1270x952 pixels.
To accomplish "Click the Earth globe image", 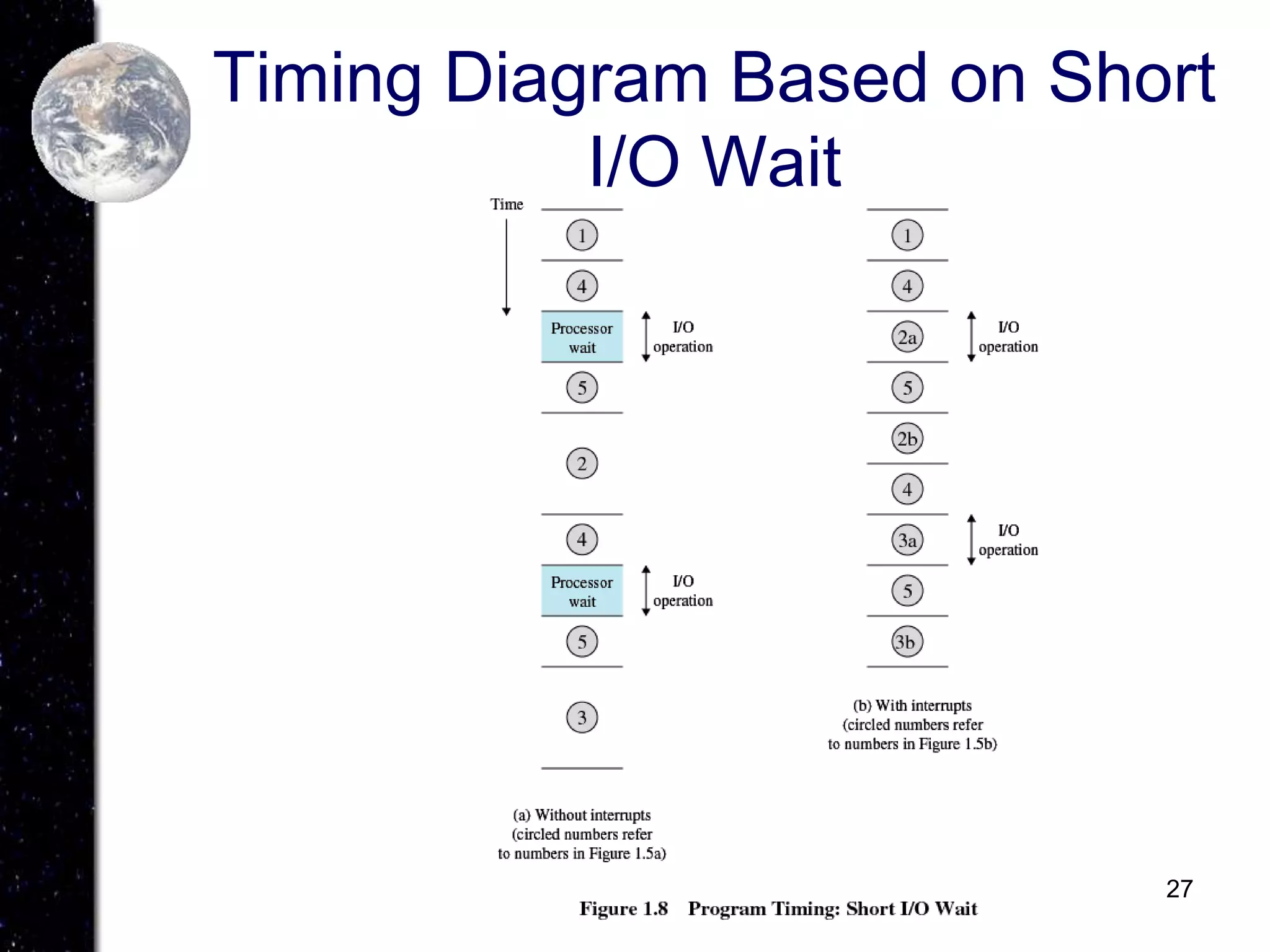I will coord(112,122).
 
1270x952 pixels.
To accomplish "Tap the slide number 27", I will coord(1179,889).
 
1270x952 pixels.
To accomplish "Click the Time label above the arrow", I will coord(506,204).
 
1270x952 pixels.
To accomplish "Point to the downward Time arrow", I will coord(506,267).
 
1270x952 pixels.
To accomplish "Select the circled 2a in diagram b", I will coord(907,337).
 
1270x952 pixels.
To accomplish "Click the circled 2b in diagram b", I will coord(907,439).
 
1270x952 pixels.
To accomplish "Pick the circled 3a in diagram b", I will coord(907,540).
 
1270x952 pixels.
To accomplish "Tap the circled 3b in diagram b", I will coord(907,641).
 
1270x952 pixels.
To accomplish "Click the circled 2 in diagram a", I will coord(582,464).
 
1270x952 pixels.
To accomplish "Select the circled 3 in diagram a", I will coord(582,718).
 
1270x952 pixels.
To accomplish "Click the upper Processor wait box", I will coord(582,337).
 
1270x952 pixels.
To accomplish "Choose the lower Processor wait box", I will coord(582,591).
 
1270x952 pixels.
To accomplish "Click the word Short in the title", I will coord(1130,79).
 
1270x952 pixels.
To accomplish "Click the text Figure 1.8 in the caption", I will coord(623,909).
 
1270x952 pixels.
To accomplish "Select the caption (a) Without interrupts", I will coord(582,815).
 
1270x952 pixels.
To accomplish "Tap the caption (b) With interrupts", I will coord(912,705).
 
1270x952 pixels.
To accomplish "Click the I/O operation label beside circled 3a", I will coord(1008,540).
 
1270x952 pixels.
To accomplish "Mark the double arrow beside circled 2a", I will coord(971,337).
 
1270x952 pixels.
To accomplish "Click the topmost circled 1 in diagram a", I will coord(582,236).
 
